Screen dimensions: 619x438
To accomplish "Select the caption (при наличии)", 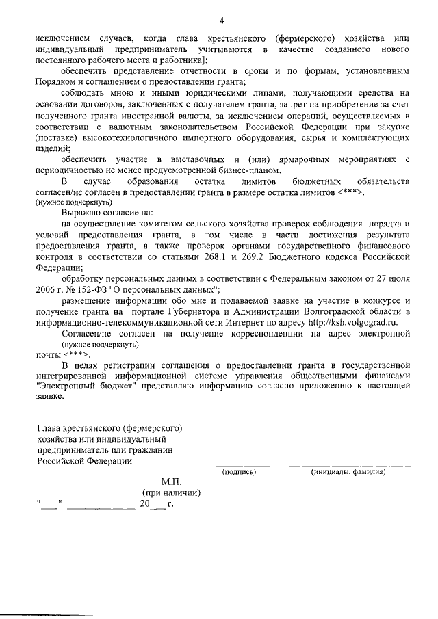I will coord(171,492).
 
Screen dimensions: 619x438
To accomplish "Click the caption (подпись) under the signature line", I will coord(239,472).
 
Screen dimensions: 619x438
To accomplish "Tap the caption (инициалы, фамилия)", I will coord(348,472).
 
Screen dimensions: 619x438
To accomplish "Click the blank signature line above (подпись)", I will coord(239,465).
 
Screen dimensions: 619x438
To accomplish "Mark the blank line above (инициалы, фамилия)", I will coord(348,465).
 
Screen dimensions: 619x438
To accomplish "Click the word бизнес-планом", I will coord(246,170).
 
